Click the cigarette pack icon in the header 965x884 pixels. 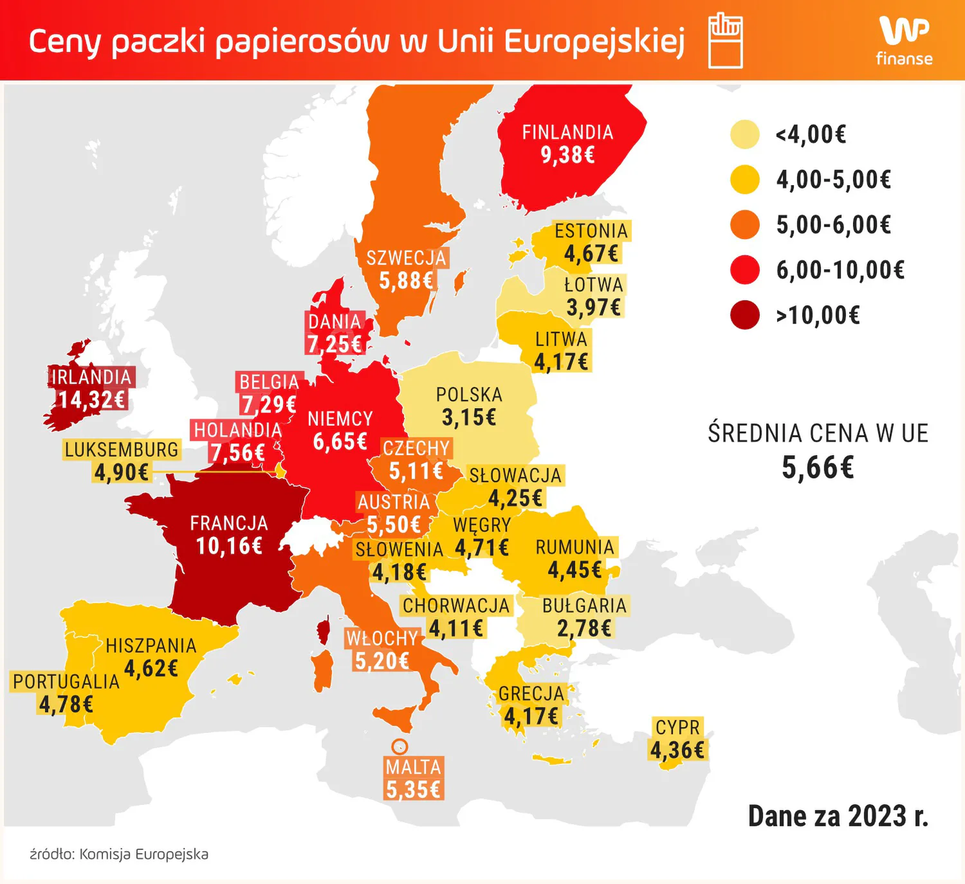click(x=726, y=41)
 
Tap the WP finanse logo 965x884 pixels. click(x=904, y=41)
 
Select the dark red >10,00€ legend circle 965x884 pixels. click(x=745, y=315)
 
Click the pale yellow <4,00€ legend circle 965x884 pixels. click(x=745, y=134)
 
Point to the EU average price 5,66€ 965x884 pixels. click(x=818, y=467)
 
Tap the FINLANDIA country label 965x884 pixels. click(x=567, y=132)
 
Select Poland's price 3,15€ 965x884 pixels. click(x=469, y=418)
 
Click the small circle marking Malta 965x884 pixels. click(x=400, y=746)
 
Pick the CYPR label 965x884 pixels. click(x=677, y=727)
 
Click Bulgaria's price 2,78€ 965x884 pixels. click(x=584, y=628)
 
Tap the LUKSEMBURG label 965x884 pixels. click(x=122, y=449)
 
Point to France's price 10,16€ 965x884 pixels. click(x=229, y=546)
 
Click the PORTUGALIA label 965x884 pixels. click(x=66, y=681)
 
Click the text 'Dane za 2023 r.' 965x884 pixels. click(x=838, y=816)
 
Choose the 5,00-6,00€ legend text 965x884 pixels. click(x=834, y=225)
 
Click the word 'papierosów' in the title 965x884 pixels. click(x=302, y=42)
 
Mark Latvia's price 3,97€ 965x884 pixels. click(x=593, y=307)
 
